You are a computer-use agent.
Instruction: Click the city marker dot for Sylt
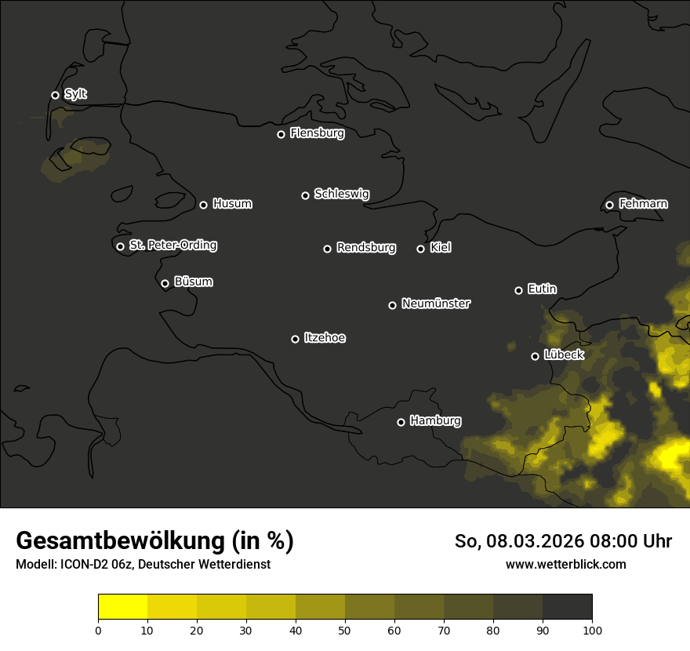(x=55, y=96)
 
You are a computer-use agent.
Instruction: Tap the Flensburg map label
(x=317, y=133)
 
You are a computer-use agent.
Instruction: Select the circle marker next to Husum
(x=203, y=205)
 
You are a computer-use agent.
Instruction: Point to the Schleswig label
(x=341, y=194)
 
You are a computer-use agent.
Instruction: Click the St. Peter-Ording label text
(x=172, y=245)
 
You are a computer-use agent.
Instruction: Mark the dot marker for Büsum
(x=165, y=284)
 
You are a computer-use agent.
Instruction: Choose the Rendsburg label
(x=365, y=248)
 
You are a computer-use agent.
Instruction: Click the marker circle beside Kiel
(x=420, y=249)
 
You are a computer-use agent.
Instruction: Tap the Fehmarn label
(x=643, y=204)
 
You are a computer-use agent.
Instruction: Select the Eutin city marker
(x=518, y=290)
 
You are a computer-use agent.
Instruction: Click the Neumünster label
(x=435, y=304)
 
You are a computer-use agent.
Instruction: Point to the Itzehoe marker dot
(x=295, y=339)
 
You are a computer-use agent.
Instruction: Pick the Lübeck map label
(x=563, y=355)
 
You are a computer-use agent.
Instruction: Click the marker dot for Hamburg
(x=401, y=422)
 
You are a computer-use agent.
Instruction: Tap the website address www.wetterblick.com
(x=565, y=564)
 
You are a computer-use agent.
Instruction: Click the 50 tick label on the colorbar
(x=345, y=629)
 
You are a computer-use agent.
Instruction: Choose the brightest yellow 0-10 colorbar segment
(x=123, y=606)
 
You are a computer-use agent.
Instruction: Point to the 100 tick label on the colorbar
(x=592, y=629)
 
